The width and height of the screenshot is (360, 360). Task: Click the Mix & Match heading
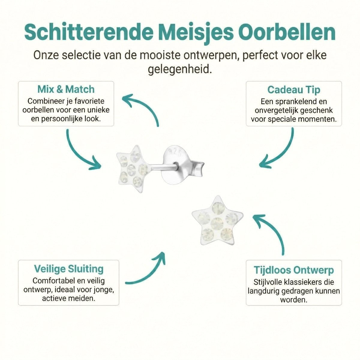click(66, 89)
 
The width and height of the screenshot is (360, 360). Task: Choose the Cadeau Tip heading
click(294, 90)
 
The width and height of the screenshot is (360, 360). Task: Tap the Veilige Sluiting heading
click(68, 268)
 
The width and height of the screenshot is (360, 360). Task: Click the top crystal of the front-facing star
click(217, 208)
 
